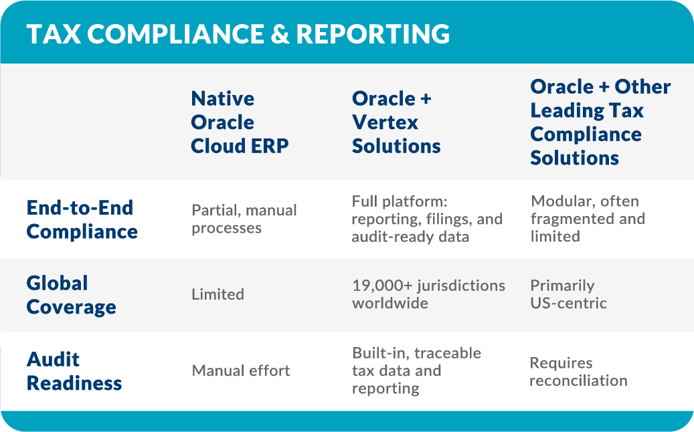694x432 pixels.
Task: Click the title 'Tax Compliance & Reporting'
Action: point(238,34)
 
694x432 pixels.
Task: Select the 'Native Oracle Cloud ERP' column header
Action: point(240,122)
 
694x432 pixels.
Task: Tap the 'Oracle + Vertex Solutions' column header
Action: point(396,122)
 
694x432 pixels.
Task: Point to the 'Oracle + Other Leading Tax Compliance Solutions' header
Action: point(600,122)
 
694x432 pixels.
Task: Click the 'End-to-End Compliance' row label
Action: point(82,219)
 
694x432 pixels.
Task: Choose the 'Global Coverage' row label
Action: point(71,295)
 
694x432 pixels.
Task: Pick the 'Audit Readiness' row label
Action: point(74,371)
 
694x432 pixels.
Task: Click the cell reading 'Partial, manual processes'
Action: point(244,219)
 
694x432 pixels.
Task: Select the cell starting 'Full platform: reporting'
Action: point(426,219)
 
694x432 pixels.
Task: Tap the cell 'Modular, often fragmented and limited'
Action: point(588,219)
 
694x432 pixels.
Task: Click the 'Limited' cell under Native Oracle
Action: point(218,294)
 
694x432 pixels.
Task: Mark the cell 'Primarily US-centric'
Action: point(568,294)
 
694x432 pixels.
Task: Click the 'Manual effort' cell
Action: point(241,370)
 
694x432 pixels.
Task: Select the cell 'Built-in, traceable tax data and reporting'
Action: point(416,370)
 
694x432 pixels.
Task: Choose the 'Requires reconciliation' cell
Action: point(578,372)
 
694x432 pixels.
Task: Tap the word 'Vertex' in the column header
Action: point(385,122)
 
